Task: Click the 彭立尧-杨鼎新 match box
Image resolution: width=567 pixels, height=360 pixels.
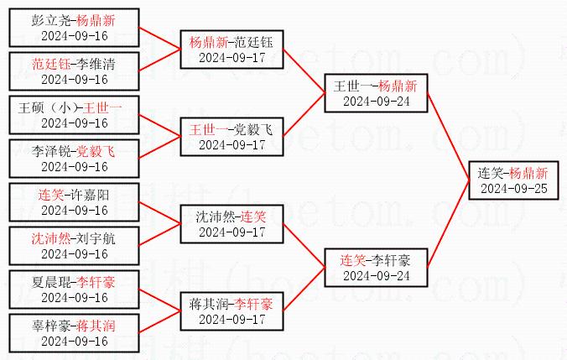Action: pyautogui.click(x=75, y=27)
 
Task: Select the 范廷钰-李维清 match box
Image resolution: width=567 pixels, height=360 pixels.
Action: pyautogui.click(x=75, y=70)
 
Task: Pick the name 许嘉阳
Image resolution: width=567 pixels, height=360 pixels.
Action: pyautogui.click(x=92, y=195)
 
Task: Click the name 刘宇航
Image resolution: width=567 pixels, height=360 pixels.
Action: pyautogui.click(x=94, y=238)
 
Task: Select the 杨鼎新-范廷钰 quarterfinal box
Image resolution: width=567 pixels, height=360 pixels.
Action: pyautogui.click(x=232, y=49)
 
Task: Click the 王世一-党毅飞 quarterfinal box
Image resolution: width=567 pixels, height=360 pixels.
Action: pyautogui.click(x=232, y=136)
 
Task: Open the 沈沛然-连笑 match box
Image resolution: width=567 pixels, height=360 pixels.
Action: pyautogui.click(x=232, y=223)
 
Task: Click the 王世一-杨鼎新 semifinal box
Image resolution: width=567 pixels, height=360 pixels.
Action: pyautogui.click(x=377, y=92)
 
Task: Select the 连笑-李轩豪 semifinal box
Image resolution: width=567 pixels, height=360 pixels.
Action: pyautogui.click(x=377, y=267)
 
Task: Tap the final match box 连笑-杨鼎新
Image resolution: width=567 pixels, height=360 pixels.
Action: pyautogui.click(x=512, y=180)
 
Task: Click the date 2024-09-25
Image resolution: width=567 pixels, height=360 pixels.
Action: pyautogui.click(x=512, y=188)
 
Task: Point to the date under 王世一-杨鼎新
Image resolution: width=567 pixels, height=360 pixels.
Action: pyautogui.click(x=377, y=101)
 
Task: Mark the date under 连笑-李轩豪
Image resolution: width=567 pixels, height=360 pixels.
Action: pyautogui.click(x=377, y=275)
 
